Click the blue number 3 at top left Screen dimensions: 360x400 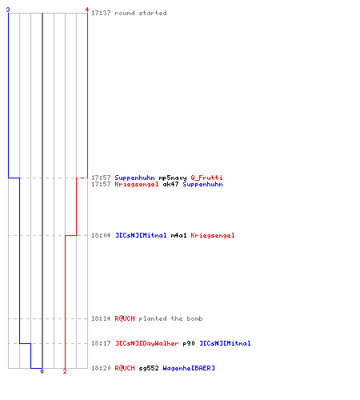click(x=8, y=10)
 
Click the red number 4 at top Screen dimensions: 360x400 click(x=87, y=10)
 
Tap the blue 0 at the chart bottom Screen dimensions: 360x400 click(x=42, y=371)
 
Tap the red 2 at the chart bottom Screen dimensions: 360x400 click(x=65, y=371)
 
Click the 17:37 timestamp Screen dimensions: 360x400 click(x=101, y=13)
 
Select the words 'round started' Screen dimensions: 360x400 click(x=141, y=13)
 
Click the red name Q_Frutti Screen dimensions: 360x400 click(x=206, y=178)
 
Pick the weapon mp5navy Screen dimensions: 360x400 click(x=173, y=178)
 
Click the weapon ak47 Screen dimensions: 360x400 click(x=170, y=184)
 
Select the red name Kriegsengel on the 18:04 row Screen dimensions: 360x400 click(x=213, y=235)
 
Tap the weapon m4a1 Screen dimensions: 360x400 click(x=178, y=235)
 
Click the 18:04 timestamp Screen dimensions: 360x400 click(x=101, y=235)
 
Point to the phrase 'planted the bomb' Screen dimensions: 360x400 click(x=170, y=318)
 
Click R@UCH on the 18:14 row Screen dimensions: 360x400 click(x=125, y=318)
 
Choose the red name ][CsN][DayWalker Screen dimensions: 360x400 click(x=146, y=343)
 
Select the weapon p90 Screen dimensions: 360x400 click(x=189, y=343)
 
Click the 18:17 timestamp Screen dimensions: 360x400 click(x=101, y=343)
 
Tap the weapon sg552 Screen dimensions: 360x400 click(x=149, y=368)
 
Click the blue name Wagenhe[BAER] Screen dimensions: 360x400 click(x=189, y=368)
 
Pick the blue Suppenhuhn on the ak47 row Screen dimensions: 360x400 click(x=202, y=184)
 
